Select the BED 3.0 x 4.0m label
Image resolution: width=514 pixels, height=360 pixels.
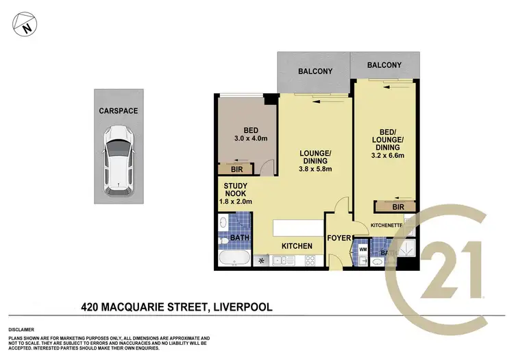[246, 136]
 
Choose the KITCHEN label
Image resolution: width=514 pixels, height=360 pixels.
[297, 245]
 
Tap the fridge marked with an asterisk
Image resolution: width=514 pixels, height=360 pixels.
[260, 261]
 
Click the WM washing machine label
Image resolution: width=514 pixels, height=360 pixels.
[363, 250]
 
